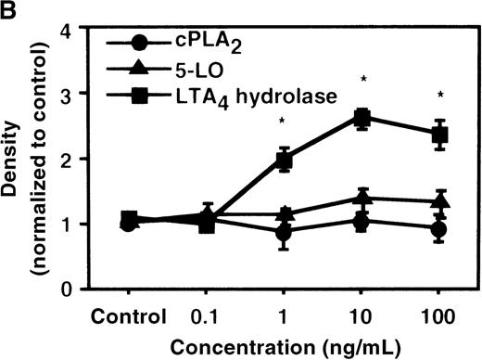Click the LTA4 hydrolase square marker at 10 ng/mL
(363, 118)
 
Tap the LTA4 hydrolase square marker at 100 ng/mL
(440, 135)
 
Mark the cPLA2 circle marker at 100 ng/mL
(440, 229)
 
